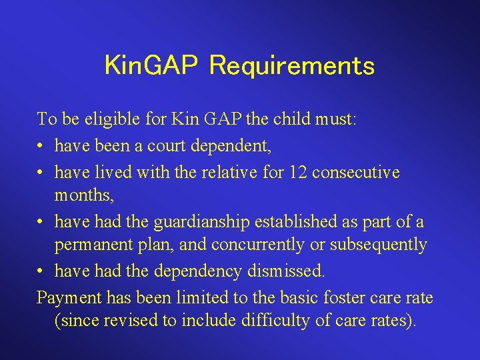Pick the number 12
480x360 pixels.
click(297, 172)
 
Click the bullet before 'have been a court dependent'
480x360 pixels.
click(41, 145)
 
